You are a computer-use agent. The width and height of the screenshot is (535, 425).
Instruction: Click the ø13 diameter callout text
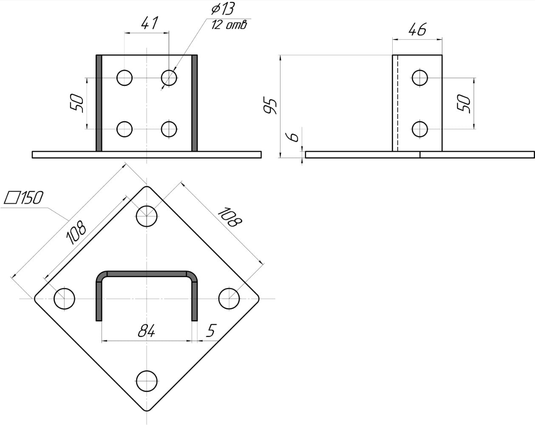click(223, 9)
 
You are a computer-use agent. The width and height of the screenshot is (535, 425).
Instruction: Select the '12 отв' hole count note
click(229, 25)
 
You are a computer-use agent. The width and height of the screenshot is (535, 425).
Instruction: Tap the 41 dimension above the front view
click(150, 23)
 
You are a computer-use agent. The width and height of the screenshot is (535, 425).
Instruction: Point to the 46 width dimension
click(417, 29)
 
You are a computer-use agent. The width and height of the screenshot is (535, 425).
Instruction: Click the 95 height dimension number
click(270, 106)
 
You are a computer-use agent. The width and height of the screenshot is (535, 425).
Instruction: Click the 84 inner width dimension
click(147, 331)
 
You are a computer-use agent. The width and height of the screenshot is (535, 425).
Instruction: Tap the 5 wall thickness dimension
click(211, 331)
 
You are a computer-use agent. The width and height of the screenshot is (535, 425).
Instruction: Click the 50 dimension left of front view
click(76, 103)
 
